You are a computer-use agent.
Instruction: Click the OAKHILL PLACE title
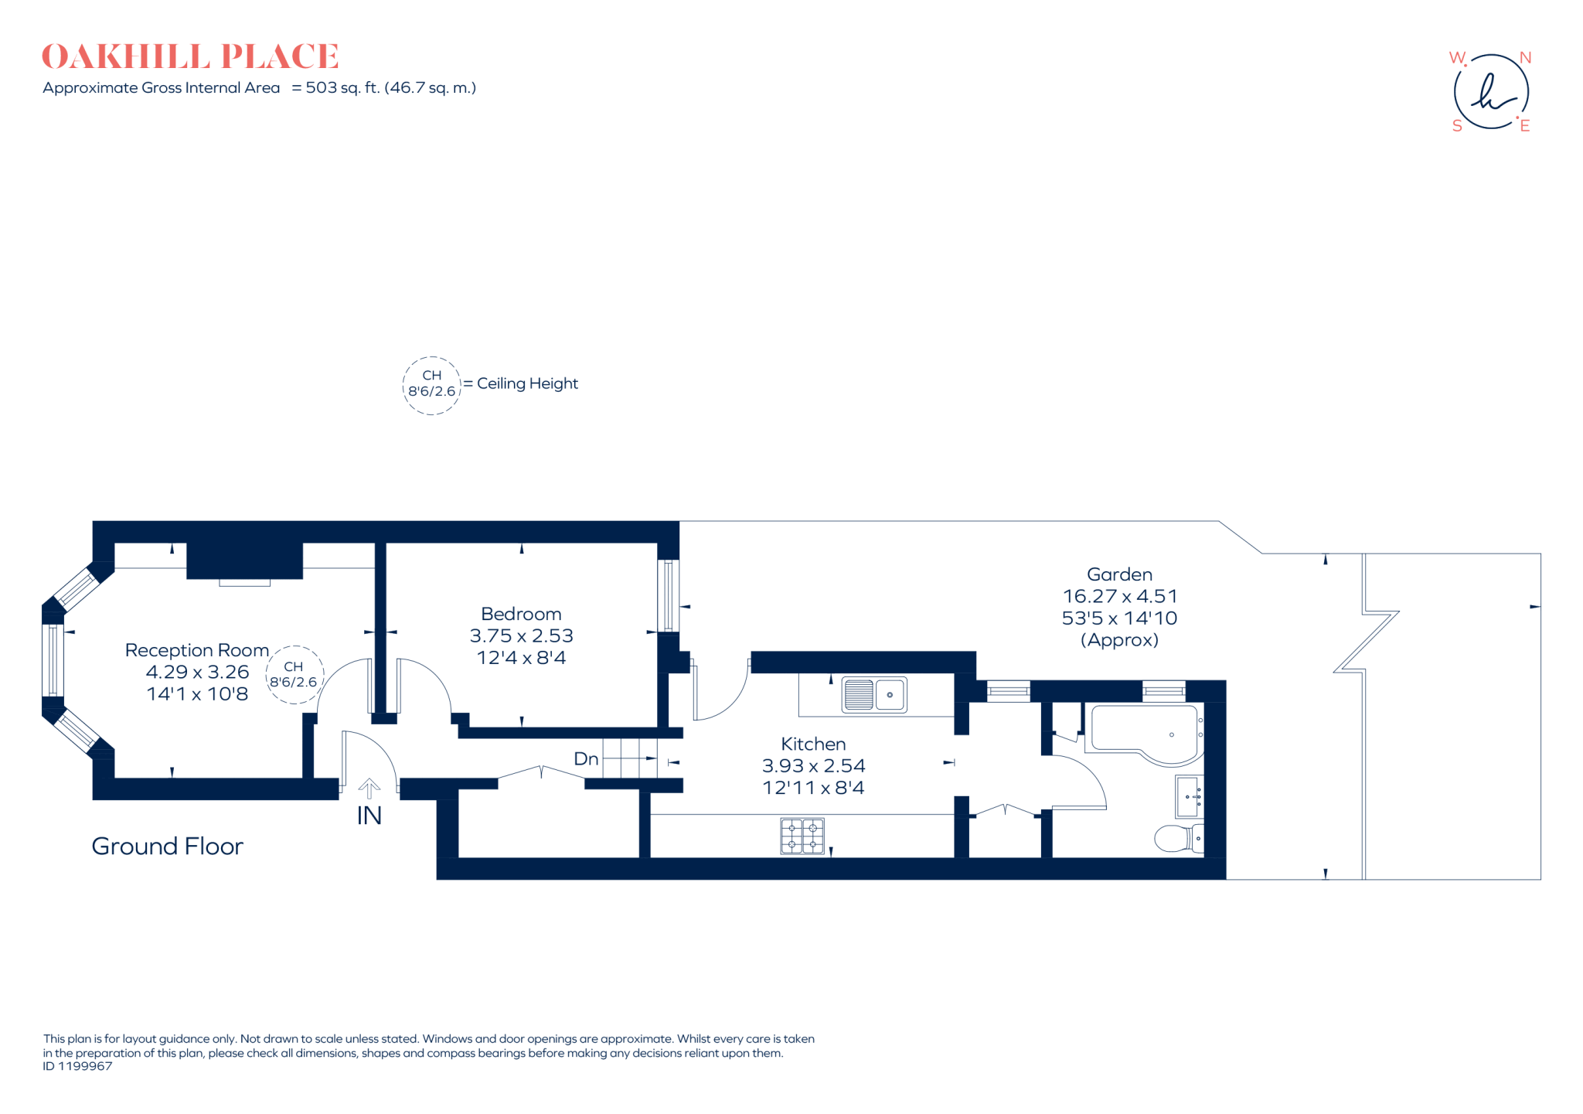click(190, 56)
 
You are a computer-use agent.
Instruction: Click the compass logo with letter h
click(1491, 91)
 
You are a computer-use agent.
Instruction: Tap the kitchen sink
click(873, 694)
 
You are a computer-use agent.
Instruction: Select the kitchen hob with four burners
click(802, 836)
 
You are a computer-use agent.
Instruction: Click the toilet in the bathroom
click(1177, 838)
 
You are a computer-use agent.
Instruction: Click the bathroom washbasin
click(1189, 796)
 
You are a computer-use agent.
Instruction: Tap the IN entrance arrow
click(369, 789)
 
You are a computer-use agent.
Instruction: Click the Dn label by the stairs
click(586, 759)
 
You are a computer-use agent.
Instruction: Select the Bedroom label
click(521, 614)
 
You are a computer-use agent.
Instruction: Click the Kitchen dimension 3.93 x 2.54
click(813, 765)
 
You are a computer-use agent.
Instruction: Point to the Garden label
click(1119, 574)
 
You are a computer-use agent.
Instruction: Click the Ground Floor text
click(167, 847)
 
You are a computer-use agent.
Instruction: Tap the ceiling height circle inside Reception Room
click(294, 674)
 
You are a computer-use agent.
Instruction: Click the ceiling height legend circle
click(431, 385)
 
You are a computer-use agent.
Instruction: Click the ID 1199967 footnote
click(77, 1066)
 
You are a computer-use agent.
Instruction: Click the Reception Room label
click(197, 650)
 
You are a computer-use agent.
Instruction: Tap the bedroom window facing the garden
click(669, 595)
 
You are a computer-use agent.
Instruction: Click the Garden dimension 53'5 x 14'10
click(1119, 618)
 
